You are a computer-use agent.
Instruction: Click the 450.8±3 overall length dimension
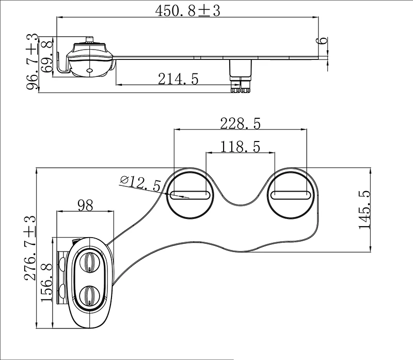pos(187,11)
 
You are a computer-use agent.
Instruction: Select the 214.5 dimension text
pos(178,79)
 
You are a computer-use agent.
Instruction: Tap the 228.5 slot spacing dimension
pos(240,123)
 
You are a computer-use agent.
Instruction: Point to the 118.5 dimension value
pos(240,147)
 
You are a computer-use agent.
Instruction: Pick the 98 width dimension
pos(85,206)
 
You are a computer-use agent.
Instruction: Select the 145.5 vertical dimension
pos(365,210)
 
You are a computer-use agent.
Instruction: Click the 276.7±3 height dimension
pos(30,248)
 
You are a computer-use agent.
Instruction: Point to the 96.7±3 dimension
pos(33,62)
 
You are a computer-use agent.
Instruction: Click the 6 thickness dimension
pos(323,41)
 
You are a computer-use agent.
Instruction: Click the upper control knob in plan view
pos(90,262)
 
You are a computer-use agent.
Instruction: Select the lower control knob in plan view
pos(90,295)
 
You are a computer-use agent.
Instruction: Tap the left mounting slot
pos(189,195)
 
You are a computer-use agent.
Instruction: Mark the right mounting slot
pos(291,195)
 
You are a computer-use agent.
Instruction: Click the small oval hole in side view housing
pos(90,70)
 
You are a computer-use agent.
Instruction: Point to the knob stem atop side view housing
pos(90,39)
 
